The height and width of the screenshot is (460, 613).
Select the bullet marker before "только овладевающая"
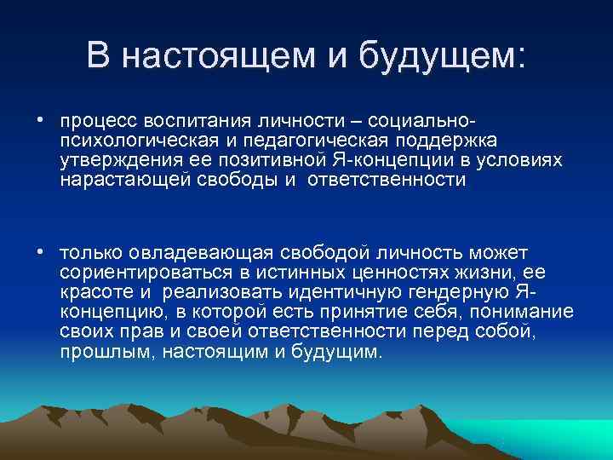(40, 252)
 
